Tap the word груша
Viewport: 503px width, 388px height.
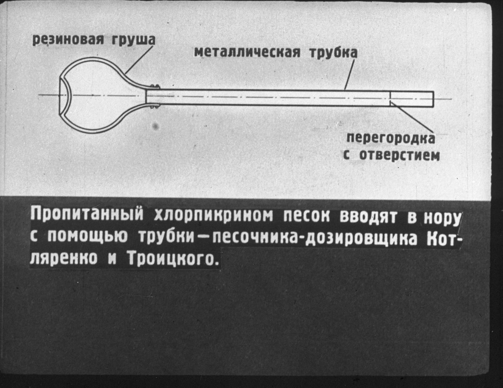133,41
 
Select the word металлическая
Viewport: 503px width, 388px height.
247,52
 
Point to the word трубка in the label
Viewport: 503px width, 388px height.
333,52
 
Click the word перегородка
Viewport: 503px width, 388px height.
390,138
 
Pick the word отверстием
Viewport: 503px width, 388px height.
399,155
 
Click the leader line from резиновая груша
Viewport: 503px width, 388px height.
139,60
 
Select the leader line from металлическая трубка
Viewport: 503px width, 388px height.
349,74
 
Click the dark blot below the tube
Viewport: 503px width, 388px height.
155,126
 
